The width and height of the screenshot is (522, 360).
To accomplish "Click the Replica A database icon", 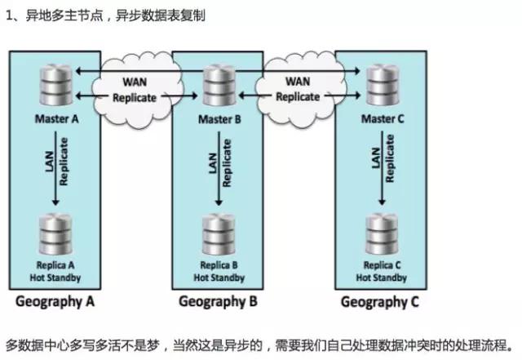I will [x=55, y=235].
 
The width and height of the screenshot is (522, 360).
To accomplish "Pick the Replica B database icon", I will [x=218, y=235].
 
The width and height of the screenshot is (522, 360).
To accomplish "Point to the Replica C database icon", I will [x=380, y=235].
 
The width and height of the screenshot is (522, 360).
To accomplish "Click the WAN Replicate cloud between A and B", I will [x=134, y=89].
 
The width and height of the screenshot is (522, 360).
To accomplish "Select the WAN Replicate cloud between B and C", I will [x=297, y=89].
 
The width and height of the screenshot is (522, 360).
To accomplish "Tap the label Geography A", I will [x=55, y=301].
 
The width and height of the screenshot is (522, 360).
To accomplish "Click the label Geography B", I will [x=218, y=301].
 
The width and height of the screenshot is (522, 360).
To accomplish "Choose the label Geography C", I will [x=380, y=301].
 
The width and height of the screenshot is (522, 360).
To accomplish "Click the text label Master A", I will [x=55, y=118].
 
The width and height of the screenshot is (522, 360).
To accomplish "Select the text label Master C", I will [x=381, y=118].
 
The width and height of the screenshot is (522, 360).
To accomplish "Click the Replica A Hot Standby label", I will [x=55, y=271].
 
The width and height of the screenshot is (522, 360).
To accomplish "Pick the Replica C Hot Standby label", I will [x=381, y=271].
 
